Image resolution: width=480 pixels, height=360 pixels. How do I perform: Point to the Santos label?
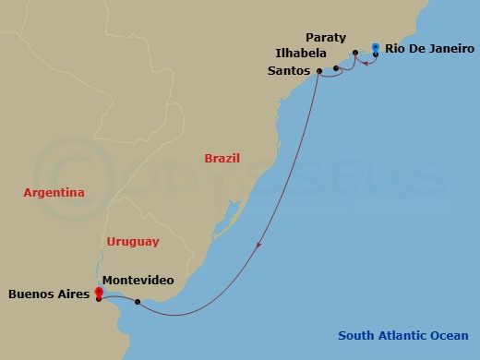click(x=289, y=69)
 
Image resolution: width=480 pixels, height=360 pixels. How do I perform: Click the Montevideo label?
click(x=138, y=280)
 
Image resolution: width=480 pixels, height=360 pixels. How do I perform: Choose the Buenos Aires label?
click(x=48, y=295)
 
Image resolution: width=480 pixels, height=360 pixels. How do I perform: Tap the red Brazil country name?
click(x=222, y=158)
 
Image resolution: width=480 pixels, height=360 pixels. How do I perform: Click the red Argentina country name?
click(x=54, y=193)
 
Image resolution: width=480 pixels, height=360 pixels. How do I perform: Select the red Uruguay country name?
click(x=133, y=242)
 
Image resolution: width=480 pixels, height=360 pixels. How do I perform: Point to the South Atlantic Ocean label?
click(x=402, y=336)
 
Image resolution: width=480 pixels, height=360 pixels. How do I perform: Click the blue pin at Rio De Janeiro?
click(x=376, y=47)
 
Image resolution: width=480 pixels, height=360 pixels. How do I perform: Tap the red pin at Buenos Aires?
click(x=98, y=294)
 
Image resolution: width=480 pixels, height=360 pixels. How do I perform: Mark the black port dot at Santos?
click(x=318, y=71)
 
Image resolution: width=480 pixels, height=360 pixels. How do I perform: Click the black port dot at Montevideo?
click(x=138, y=302)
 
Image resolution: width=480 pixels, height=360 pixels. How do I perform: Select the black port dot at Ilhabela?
click(x=336, y=67)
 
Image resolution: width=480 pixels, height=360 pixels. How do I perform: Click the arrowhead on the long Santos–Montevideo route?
click(x=259, y=246)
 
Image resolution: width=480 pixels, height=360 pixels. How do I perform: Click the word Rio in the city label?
click(x=394, y=48)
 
